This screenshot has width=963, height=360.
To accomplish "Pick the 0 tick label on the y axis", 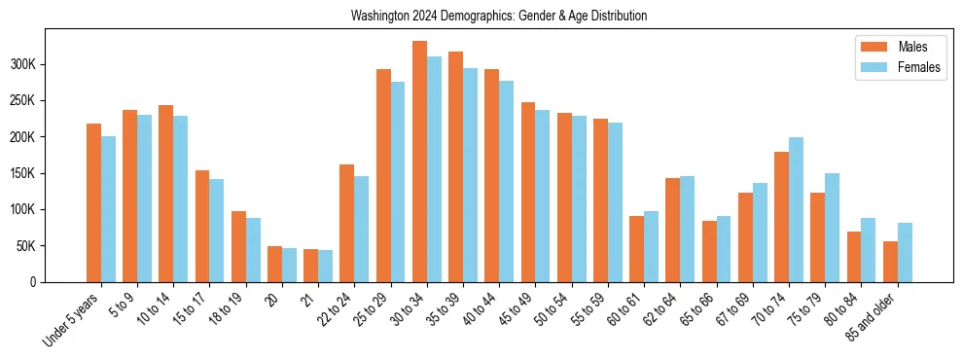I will [33, 282].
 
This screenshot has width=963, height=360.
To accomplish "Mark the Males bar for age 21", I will [311, 266].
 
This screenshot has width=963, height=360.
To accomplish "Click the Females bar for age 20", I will [289, 265].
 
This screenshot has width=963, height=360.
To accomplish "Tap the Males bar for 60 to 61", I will [637, 249].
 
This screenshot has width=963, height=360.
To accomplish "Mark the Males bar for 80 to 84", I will [854, 257].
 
